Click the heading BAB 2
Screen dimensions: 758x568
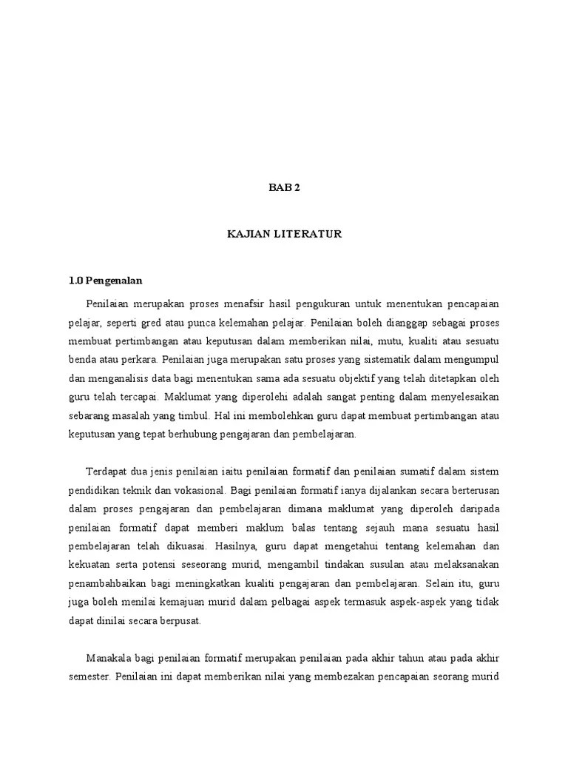pos(284,187)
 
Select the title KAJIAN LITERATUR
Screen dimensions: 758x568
pos(284,234)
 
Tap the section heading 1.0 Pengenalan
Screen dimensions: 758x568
pos(106,281)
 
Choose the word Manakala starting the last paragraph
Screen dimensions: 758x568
pos(109,658)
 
